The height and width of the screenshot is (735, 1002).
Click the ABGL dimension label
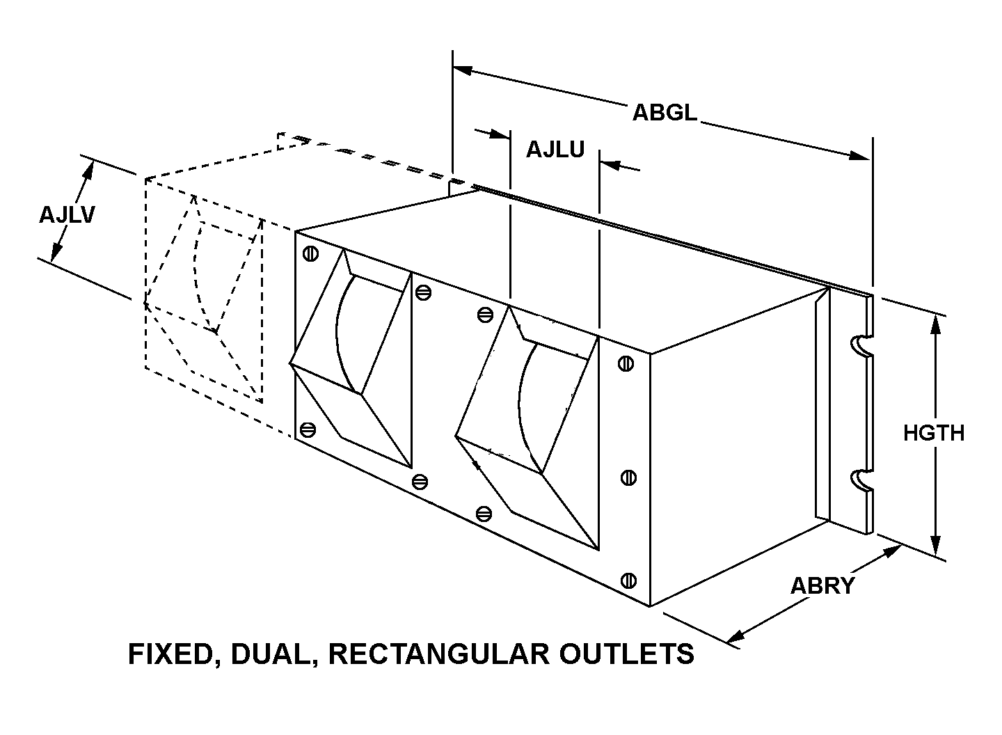click(x=665, y=113)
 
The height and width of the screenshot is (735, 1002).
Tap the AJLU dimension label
click(x=555, y=150)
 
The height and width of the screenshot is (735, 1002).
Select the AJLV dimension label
click(x=67, y=215)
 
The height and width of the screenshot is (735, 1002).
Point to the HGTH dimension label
click(x=934, y=433)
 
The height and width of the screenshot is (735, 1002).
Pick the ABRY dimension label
click(x=822, y=586)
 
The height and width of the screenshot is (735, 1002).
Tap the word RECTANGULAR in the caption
click(x=439, y=654)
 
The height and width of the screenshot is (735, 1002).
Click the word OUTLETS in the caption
click(x=627, y=654)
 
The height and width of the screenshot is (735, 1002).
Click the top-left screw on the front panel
click(x=310, y=254)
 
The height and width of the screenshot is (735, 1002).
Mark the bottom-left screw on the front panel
click(x=308, y=430)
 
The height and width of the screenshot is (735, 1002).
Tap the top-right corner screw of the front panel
click(x=626, y=363)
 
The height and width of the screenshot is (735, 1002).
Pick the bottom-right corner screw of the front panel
click(x=628, y=580)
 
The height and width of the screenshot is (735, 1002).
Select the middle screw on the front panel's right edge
click(x=628, y=478)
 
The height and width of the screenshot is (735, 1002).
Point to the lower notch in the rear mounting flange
click(x=861, y=480)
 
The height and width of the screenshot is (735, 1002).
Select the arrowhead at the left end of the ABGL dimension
click(x=463, y=70)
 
